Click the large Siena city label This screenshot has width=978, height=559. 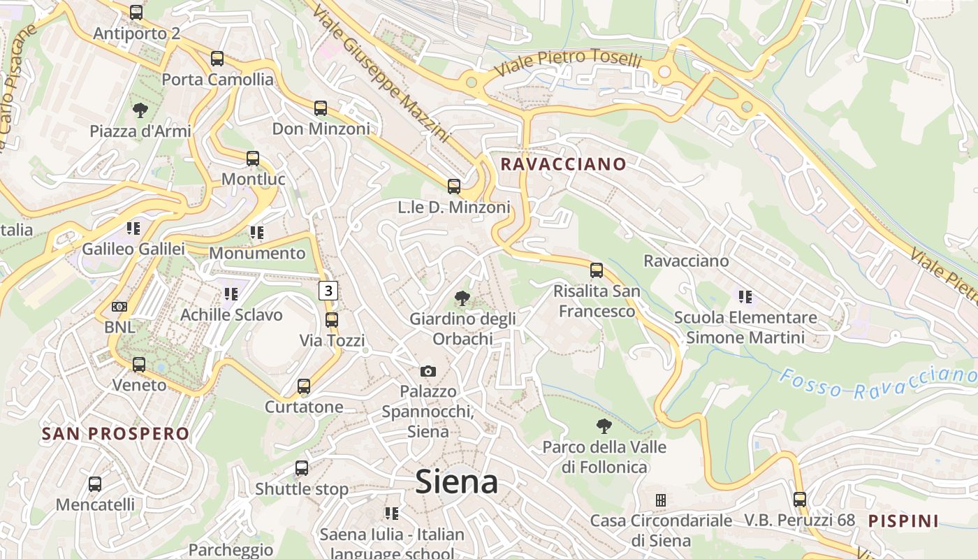pos(457,482)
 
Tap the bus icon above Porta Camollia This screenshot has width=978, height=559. pos(217,59)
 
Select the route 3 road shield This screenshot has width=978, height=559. pos(329,291)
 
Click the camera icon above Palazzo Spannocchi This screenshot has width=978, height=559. pos(428,371)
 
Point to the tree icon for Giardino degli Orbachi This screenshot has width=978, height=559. pos(462,298)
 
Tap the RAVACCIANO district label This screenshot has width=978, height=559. pos(564,164)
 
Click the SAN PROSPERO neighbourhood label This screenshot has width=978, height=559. pos(115,434)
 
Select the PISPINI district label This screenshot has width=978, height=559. pos(904,521)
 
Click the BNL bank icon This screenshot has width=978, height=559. pos(119,307)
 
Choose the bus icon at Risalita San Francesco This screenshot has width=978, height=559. pos(597,270)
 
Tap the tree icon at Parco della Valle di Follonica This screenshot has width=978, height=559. pos(604,426)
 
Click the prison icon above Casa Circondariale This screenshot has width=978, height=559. pos(660,500)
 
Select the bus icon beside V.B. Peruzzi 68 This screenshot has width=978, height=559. pos(800,500)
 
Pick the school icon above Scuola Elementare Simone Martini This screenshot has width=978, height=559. pos(745,297)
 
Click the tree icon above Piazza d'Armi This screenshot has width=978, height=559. pos(140,110)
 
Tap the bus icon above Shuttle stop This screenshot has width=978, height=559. pos(302,468)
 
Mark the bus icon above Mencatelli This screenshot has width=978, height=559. pos(95,484)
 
